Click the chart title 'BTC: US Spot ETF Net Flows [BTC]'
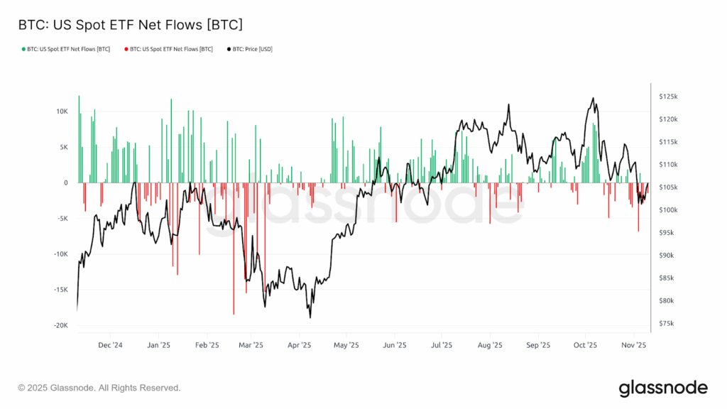(x=130, y=25)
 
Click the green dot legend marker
(x=21, y=49)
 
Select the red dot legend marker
(x=126, y=49)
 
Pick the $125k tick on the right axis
(x=669, y=96)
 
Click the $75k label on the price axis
(x=668, y=324)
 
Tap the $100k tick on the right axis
(x=669, y=210)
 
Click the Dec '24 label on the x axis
(x=110, y=346)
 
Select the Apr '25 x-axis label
(x=299, y=346)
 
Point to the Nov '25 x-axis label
(x=633, y=346)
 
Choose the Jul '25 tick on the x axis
(x=442, y=346)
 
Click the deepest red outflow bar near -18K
(x=234, y=312)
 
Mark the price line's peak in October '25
(x=593, y=99)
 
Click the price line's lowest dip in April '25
(x=311, y=317)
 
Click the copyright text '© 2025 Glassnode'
(x=99, y=388)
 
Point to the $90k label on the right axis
(x=668, y=256)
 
